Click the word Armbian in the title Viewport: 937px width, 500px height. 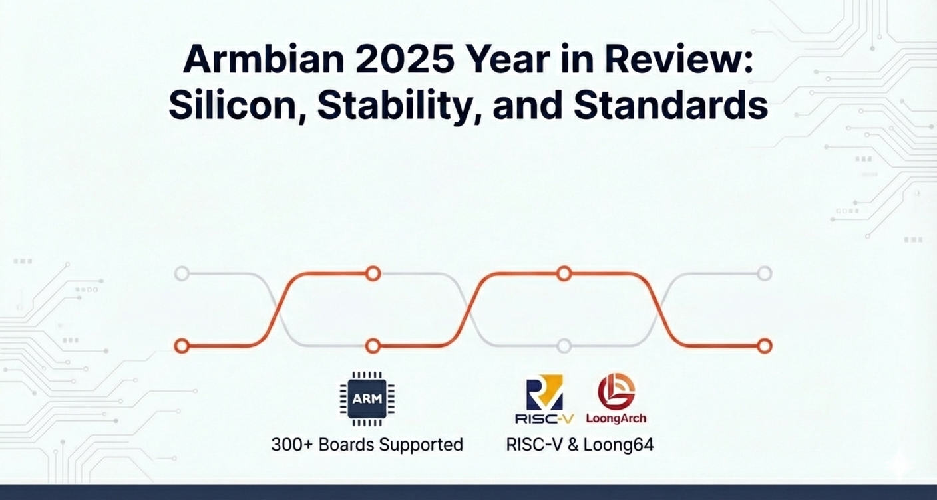(x=264, y=59)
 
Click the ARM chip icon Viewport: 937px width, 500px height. (x=367, y=399)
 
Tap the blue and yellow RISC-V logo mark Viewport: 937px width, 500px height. (x=544, y=392)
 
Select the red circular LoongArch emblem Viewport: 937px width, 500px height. (x=616, y=392)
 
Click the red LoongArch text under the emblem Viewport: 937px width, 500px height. (x=616, y=418)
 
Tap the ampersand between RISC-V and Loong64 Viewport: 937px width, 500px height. (x=573, y=445)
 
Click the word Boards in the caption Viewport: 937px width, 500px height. (x=345, y=445)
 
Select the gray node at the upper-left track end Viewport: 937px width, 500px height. (x=182, y=274)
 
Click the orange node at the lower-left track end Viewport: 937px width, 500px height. (x=182, y=346)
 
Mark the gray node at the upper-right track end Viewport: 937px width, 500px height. (x=765, y=274)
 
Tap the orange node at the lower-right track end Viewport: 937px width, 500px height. (x=765, y=346)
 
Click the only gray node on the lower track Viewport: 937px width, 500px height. (x=564, y=346)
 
